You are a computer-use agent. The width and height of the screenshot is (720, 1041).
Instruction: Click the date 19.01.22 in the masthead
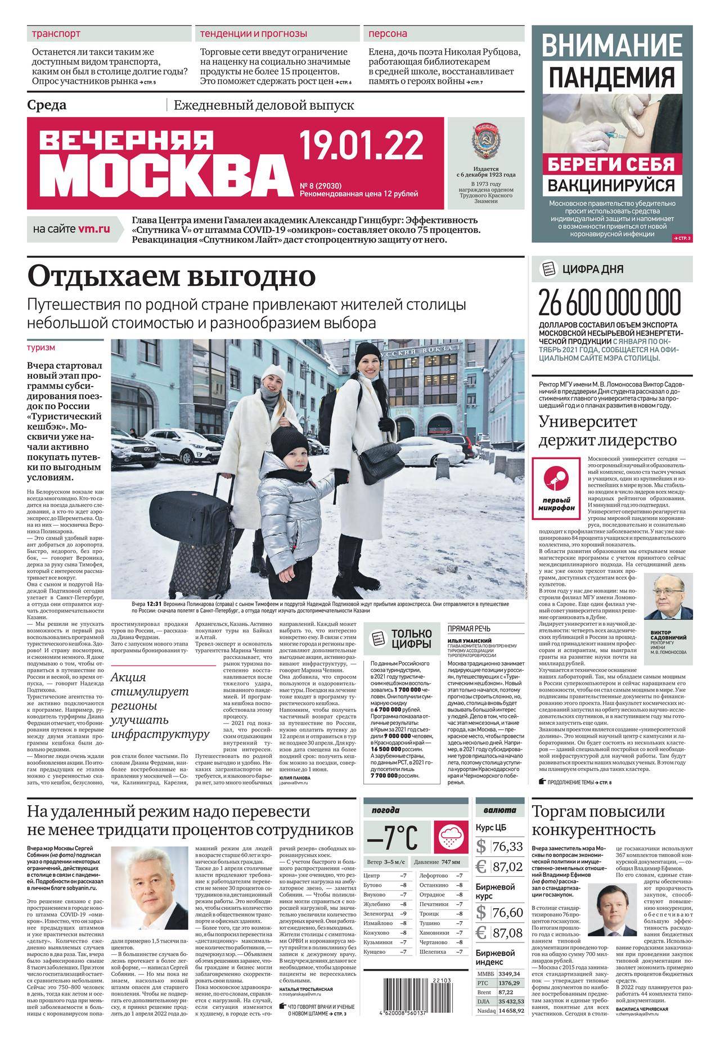[361, 146]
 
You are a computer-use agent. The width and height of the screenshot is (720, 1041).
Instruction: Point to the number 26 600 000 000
[609, 304]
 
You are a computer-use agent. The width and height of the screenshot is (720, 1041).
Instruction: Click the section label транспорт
[56, 34]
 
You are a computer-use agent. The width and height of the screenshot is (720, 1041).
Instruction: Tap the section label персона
[388, 34]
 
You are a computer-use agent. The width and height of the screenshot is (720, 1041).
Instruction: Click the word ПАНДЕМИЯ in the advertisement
[611, 78]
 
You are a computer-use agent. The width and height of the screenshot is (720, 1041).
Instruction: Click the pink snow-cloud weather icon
[451, 837]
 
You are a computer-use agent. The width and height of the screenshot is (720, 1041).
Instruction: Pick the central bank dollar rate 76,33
[507, 847]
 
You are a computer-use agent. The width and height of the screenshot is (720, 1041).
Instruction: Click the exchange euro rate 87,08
[507, 932]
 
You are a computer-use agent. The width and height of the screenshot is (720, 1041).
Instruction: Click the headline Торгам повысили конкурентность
[598, 820]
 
